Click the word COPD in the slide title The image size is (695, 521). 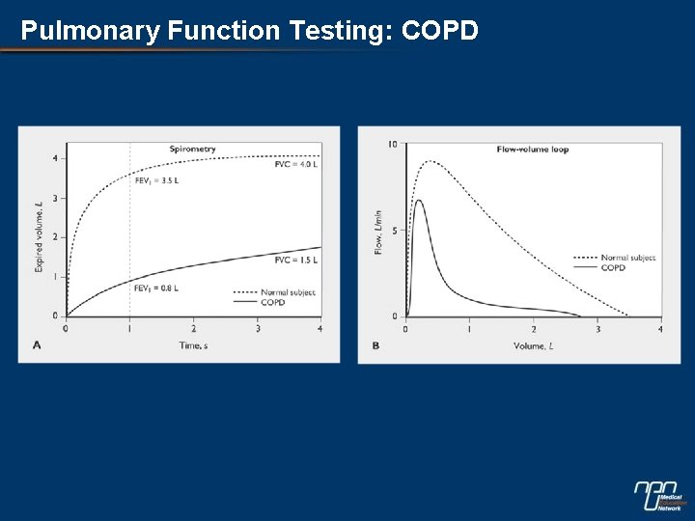(x=439, y=31)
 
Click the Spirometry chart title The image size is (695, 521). (x=192, y=149)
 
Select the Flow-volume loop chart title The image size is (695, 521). (x=532, y=150)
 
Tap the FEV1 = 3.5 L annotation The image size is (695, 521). (x=156, y=180)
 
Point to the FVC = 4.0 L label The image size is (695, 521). (x=296, y=166)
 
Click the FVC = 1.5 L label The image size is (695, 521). (x=295, y=260)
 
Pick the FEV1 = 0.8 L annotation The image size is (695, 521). (x=155, y=288)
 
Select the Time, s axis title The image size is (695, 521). (x=192, y=344)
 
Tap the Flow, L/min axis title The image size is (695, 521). (x=378, y=233)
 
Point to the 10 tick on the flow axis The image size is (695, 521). (x=392, y=145)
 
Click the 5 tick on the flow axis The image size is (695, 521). (x=394, y=231)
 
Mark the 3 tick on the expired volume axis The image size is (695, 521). (x=55, y=198)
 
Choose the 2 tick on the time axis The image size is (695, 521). (x=193, y=329)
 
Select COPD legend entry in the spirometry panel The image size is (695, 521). (x=272, y=302)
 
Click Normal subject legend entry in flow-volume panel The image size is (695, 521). (x=627, y=258)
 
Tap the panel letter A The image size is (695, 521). (x=37, y=344)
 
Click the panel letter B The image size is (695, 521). (x=375, y=344)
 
